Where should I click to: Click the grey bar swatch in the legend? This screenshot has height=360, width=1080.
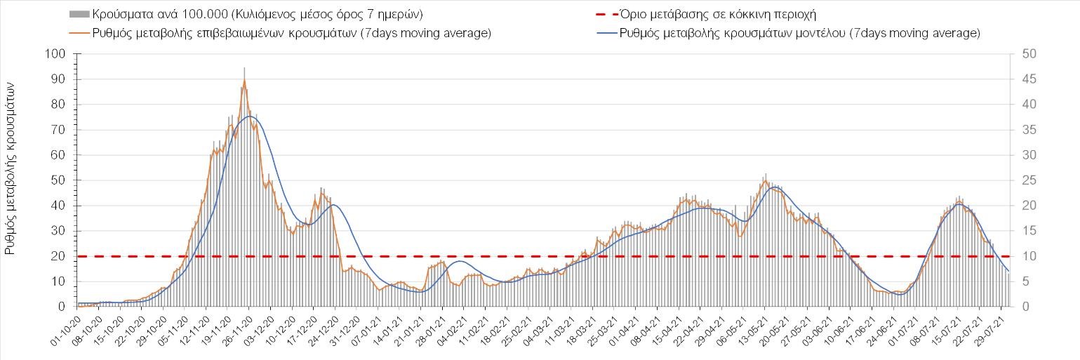point(79,14)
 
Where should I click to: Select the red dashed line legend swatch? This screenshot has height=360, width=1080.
point(599,14)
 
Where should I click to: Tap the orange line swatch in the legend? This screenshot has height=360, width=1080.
point(79,33)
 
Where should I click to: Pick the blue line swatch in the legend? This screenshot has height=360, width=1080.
point(599,33)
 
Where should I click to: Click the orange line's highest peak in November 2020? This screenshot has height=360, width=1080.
point(244,81)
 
